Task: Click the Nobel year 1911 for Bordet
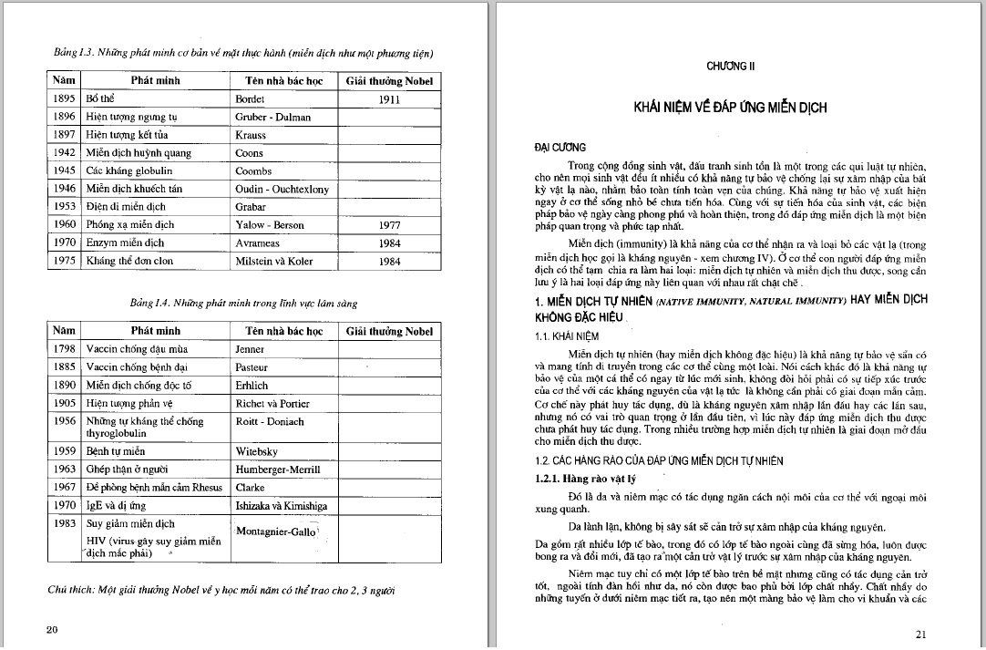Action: tap(389, 98)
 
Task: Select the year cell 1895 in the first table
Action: tap(64, 98)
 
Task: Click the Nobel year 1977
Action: tap(389, 224)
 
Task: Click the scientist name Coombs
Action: tap(253, 170)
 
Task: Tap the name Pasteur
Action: tap(252, 367)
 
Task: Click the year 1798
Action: tap(64, 349)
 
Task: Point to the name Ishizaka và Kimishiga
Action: tap(284, 505)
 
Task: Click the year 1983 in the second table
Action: tap(64, 524)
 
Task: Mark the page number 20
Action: tap(52, 629)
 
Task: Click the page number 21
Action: tap(920, 635)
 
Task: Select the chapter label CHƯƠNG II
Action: tap(730, 67)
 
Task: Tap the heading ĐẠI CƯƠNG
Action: tap(560, 148)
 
